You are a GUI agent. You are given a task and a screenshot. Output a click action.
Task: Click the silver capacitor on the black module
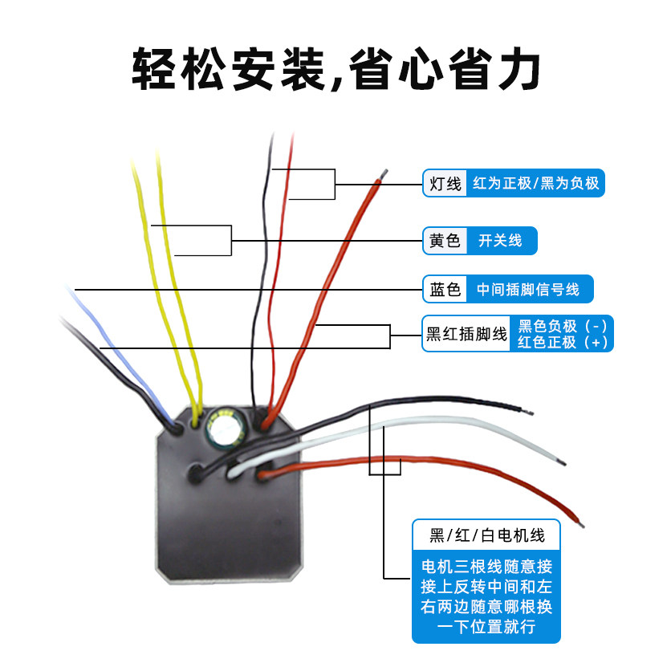[225, 428]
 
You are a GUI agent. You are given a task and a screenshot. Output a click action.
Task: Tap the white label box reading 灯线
[445, 183]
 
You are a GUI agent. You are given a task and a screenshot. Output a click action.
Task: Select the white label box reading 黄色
[445, 241]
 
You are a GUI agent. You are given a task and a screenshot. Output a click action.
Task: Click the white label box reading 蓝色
[445, 289]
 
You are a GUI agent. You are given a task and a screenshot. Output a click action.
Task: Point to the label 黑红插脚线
[466, 334]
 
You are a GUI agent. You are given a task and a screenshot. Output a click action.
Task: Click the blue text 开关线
[500, 241]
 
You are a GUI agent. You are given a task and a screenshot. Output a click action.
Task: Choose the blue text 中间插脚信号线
[528, 289]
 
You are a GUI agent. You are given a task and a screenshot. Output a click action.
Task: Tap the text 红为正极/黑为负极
[536, 183]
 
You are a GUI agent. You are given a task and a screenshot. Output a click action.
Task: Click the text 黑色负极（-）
[563, 326]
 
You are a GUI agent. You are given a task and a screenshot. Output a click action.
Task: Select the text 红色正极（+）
[563, 342]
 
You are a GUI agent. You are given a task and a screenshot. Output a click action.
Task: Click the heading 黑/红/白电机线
[487, 535]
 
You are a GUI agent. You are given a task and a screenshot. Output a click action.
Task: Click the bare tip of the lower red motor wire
[581, 524]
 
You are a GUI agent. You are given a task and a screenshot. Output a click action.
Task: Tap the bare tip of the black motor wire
[527, 412]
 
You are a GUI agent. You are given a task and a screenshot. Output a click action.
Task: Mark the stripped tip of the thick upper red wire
[384, 174]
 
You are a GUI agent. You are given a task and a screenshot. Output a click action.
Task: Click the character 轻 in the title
[153, 68]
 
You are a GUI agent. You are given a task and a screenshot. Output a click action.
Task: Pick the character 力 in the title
[518, 68]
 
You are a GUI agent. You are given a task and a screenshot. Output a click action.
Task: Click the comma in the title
[336, 83]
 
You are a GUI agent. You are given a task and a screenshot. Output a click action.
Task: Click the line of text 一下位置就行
[486, 627]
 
